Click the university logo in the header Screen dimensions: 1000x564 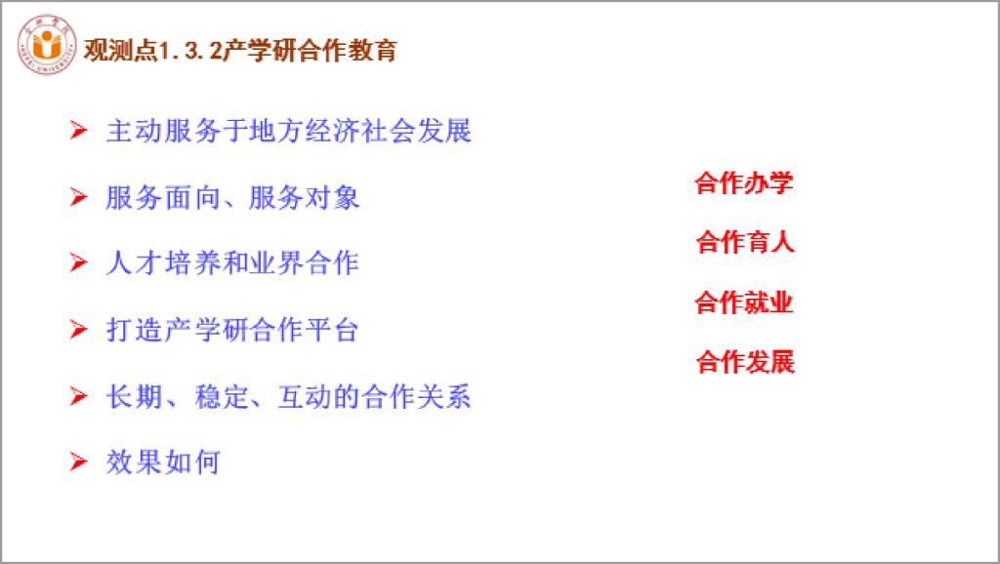click(47, 45)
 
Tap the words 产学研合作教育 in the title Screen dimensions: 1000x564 click(310, 51)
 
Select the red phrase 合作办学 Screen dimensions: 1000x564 click(743, 182)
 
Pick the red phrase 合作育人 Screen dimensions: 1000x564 click(745, 242)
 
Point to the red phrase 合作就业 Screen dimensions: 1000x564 click(743, 302)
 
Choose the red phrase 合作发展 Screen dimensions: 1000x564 click(745, 362)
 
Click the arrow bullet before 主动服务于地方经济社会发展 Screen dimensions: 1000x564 click(78, 130)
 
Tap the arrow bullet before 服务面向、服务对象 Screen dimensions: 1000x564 click(78, 197)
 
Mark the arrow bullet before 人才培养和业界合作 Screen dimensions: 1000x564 click(78, 262)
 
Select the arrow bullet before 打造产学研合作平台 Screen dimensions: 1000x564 click(78, 330)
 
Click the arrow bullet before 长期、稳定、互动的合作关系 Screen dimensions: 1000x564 click(78, 396)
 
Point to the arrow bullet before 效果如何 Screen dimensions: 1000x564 click(78, 462)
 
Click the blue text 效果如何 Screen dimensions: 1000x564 click(163, 463)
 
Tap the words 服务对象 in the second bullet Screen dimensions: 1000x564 click(305, 197)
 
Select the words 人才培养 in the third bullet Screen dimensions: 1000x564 click(162, 263)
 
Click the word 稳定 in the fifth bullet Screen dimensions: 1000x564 click(222, 396)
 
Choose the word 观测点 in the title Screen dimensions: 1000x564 click(120, 51)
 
